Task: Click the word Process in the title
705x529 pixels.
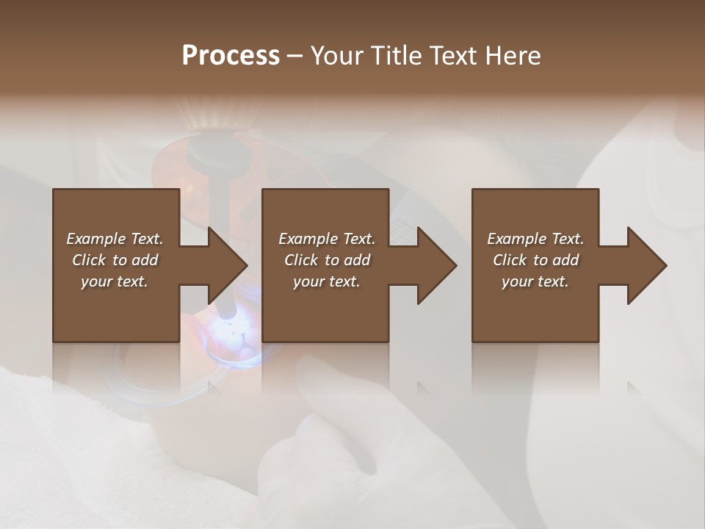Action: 231,56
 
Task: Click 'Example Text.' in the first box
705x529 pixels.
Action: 115,239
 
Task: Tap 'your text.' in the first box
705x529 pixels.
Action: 115,281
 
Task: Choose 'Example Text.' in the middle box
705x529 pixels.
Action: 327,239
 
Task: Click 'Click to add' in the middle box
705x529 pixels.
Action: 327,260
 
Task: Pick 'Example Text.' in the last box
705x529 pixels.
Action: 535,239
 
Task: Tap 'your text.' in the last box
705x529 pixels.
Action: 535,281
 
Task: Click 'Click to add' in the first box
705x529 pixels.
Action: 115,260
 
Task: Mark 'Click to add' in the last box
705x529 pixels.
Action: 535,260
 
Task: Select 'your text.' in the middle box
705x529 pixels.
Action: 327,281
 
